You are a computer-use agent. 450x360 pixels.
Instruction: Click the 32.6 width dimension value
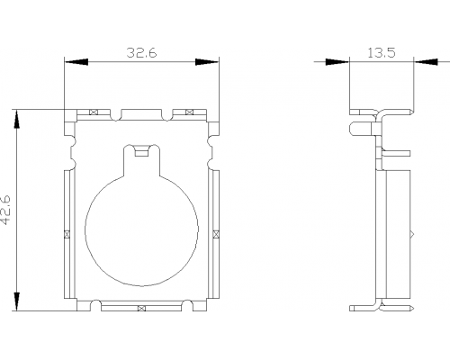click(x=141, y=53)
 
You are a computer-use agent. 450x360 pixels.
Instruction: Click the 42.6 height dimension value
click(x=5, y=210)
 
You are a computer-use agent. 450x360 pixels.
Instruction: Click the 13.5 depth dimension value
click(x=382, y=53)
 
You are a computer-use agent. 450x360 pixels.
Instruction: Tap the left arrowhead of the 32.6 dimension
click(x=76, y=62)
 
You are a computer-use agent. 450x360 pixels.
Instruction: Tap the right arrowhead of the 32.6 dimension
click(x=207, y=62)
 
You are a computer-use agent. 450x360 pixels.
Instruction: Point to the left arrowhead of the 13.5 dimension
click(x=337, y=62)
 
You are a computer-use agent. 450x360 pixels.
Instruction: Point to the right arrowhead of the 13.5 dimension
click(x=426, y=62)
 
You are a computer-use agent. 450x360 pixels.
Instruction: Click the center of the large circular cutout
click(x=141, y=229)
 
